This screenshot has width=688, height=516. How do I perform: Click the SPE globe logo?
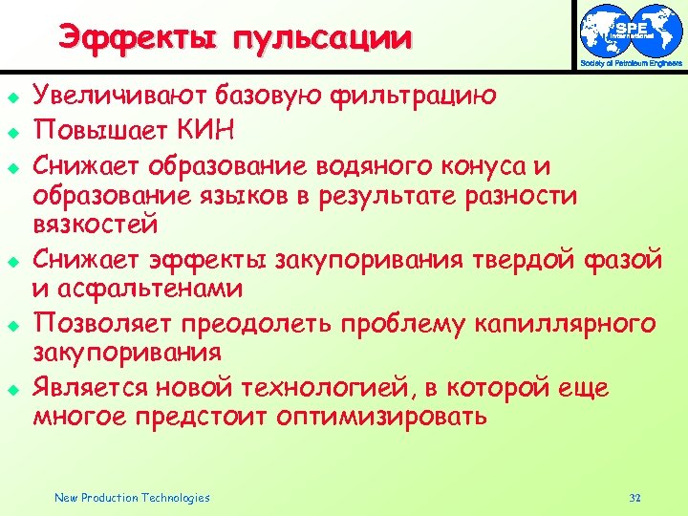point(632,30)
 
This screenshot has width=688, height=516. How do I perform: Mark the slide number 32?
point(635,497)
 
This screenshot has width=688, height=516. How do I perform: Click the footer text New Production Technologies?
point(132,497)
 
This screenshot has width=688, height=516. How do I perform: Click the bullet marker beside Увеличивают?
point(12,96)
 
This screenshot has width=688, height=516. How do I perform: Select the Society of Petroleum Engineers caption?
point(632,64)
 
